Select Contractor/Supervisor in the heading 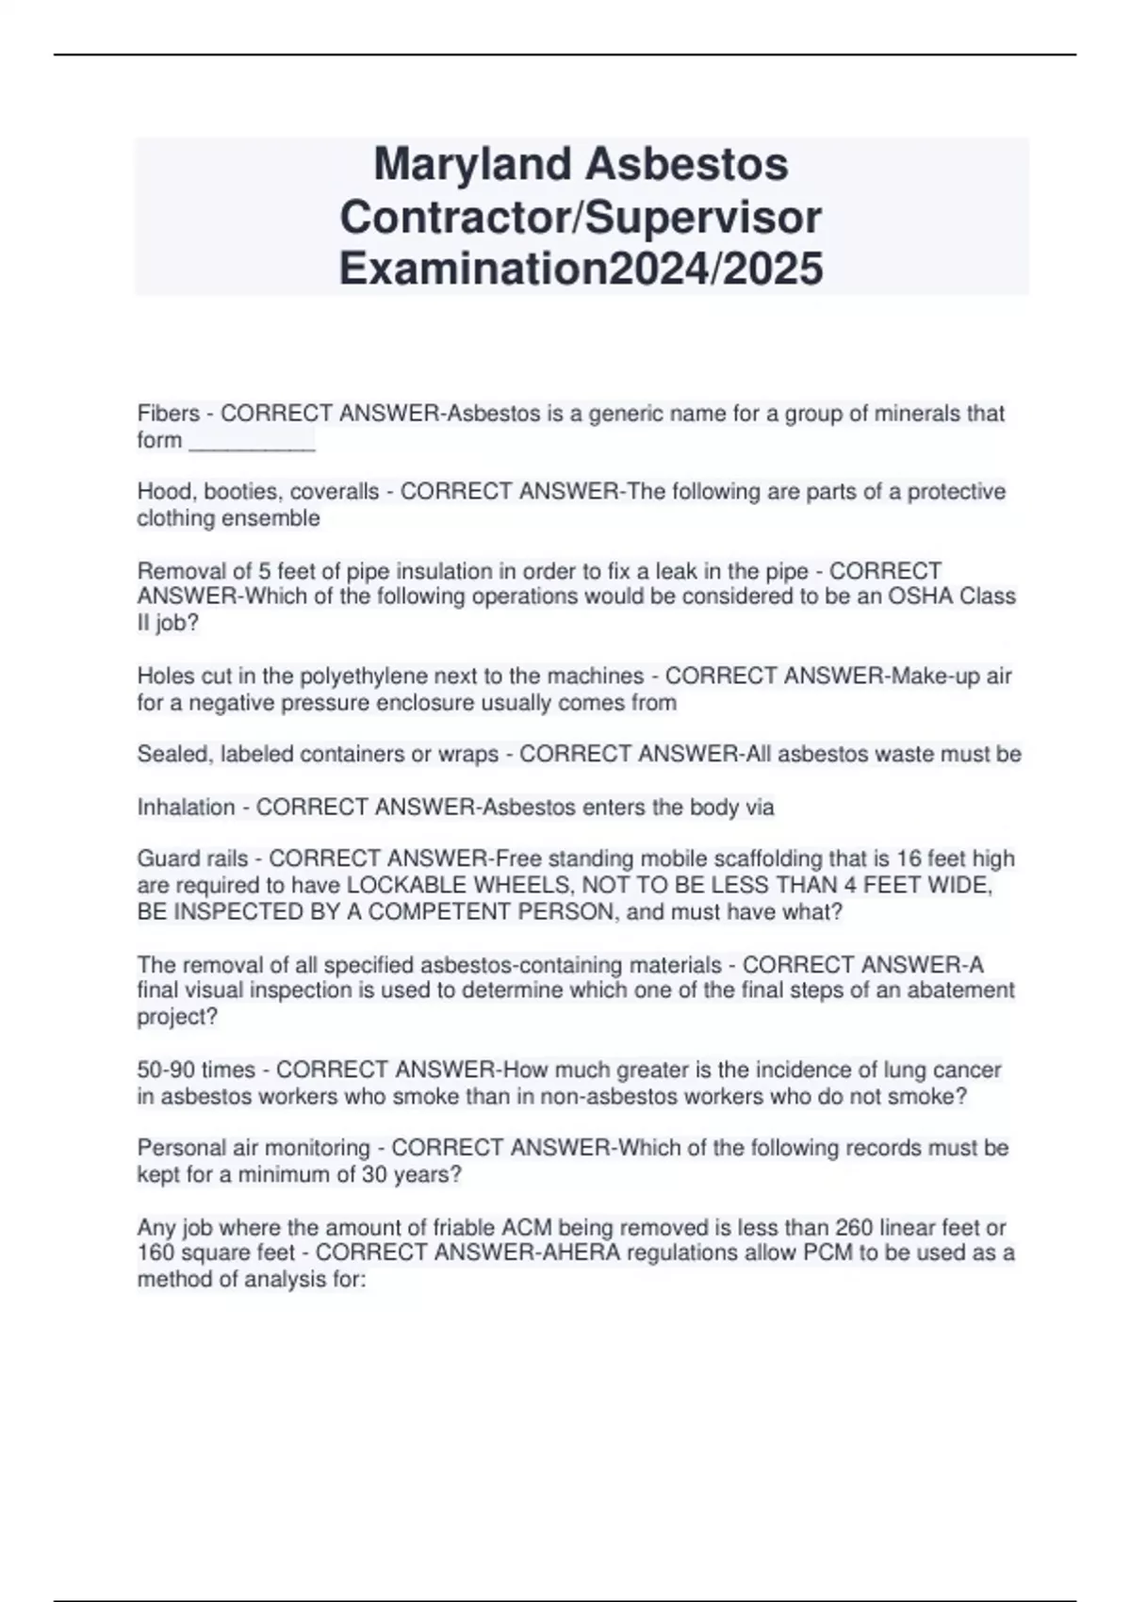[x=581, y=217]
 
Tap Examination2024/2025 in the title [x=581, y=269]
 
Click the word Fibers [x=169, y=414]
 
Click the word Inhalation [x=187, y=808]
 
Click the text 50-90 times [x=196, y=1071]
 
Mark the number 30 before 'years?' [x=375, y=1175]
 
